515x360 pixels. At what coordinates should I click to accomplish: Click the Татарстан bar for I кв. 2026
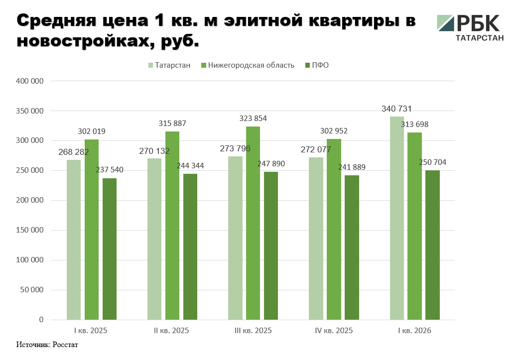point(397,218)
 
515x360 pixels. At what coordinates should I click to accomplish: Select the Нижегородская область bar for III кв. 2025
point(253,223)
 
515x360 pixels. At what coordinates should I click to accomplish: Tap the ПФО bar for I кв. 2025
point(110,249)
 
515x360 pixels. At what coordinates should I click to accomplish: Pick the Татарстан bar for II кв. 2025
point(154,239)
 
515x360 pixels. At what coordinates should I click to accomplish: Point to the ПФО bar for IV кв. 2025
point(352,247)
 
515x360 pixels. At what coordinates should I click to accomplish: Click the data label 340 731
point(396,109)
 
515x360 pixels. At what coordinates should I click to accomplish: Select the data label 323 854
point(253,118)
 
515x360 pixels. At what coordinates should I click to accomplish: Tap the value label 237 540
point(110,169)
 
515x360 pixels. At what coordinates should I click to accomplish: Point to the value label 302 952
point(334,131)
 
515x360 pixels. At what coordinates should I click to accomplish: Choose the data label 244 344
point(190,165)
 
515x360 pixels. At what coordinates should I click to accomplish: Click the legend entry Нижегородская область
point(248,65)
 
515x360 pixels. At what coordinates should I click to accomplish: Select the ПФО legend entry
point(317,65)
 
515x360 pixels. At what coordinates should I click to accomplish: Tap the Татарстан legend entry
point(169,65)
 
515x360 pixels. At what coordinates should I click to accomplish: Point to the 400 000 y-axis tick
point(29,81)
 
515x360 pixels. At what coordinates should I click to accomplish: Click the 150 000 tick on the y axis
point(29,230)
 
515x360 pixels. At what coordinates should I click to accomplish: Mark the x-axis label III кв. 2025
point(253,331)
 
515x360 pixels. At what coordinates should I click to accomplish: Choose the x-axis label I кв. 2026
point(414,331)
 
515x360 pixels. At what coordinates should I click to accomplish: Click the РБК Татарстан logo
point(470,27)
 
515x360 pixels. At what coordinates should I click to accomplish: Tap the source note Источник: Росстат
point(47,345)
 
